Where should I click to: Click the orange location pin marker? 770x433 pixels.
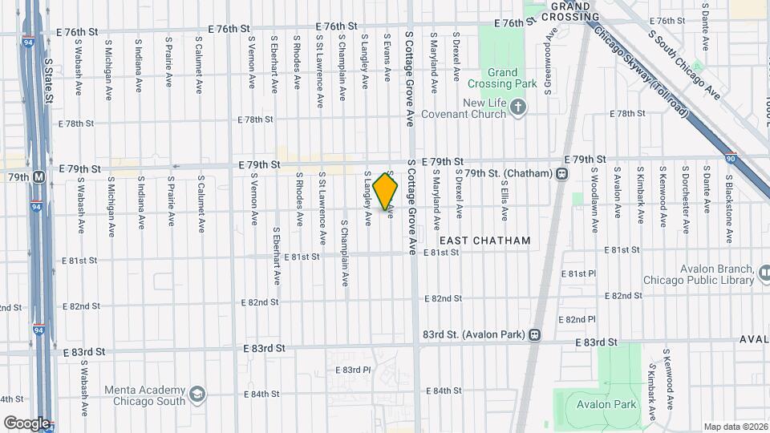tap(386, 192)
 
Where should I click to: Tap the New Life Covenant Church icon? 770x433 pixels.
tap(518, 107)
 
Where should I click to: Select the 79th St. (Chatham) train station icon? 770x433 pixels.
tap(562, 173)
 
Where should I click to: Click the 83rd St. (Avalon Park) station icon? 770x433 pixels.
tap(534, 334)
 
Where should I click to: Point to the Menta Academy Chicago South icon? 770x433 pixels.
tap(197, 395)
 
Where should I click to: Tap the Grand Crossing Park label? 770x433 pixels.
tap(502, 78)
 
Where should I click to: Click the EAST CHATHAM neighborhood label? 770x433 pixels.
tap(484, 241)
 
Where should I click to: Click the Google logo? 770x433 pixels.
tap(26, 423)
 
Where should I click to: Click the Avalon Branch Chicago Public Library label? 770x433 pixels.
tap(697, 275)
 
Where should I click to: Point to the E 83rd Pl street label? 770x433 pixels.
tap(354, 370)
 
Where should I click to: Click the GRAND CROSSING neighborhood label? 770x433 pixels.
tap(570, 10)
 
